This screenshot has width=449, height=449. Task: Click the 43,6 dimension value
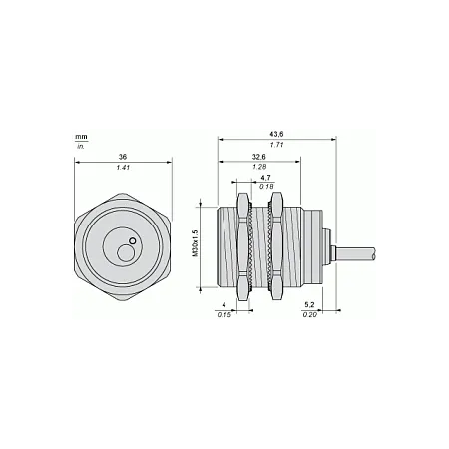276,134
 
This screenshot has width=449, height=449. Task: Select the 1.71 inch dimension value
276,145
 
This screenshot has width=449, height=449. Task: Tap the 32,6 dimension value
259,157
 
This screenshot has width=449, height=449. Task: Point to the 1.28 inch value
259,167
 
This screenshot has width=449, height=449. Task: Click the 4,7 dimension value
265,178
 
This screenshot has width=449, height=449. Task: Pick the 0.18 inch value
266,187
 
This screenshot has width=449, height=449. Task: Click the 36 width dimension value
123,157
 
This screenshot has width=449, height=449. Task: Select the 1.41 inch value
123,168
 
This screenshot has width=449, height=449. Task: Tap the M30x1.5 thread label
196,243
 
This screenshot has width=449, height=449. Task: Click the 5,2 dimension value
309,305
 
